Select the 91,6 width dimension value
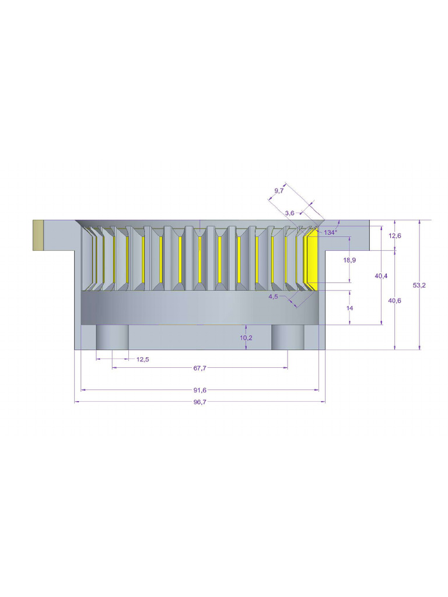(199, 390)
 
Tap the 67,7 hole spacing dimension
(199, 368)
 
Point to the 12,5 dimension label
(142, 360)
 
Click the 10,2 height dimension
(246, 338)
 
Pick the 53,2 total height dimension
(419, 285)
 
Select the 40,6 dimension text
(395, 300)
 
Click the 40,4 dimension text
(381, 275)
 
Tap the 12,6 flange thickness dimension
(395, 236)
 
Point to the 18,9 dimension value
(350, 259)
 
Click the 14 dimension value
(350, 307)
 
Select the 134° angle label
(331, 233)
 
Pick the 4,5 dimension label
(273, 296)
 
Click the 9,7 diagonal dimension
(279, 191)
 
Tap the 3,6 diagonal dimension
(289, 213)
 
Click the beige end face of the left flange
(38, 235)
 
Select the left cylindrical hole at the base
(112, 338)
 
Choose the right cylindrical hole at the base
(288, 338)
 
